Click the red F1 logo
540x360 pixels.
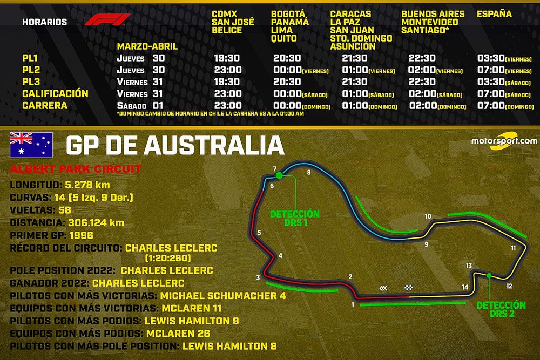point(107,21)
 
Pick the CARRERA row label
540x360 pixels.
point(45,106)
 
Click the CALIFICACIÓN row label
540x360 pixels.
point(55,94)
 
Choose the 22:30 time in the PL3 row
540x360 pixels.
point(422,82)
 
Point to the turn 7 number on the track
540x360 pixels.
point(274,168)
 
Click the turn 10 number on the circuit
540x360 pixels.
point(428,216)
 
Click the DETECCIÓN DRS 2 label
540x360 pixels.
point(501,309)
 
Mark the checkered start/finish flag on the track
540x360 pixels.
point(408,288)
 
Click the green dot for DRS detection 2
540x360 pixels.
point(489,276)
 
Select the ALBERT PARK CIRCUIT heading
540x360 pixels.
point(75,169)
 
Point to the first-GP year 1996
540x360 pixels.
point(81,235)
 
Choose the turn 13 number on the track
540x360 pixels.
point(469,266)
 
